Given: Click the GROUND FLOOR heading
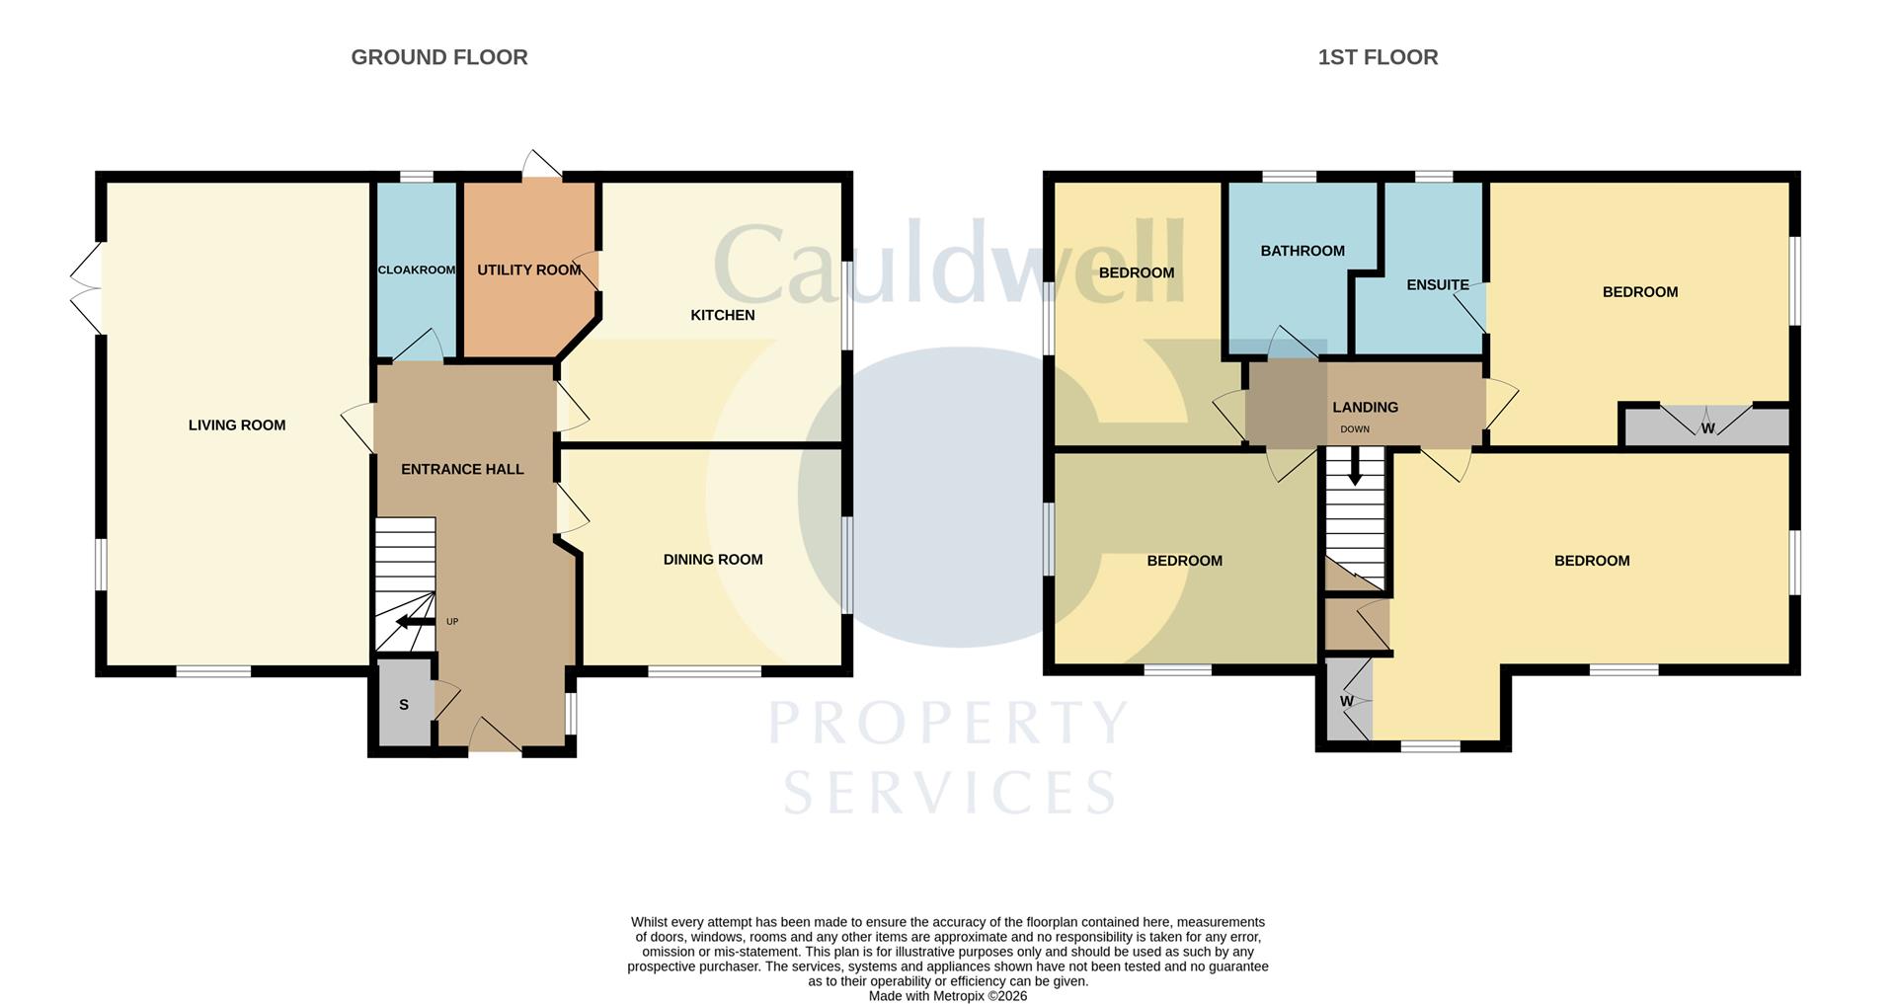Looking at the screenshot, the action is point(439,57).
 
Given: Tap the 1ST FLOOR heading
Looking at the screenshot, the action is point(1378,57).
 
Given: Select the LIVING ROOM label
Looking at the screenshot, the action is point(237,425).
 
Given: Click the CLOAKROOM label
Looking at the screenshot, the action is point(417,270).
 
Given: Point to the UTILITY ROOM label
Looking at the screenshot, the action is point(529,270).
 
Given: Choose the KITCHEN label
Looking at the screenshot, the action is point(723,315).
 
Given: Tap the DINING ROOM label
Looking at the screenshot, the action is point(713,560).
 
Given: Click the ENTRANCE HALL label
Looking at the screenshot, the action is point(462,469).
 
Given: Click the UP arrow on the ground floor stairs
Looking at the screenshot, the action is point(415,622).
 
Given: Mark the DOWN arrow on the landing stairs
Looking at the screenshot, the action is point(1355,465).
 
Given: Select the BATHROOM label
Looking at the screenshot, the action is point(1303,251).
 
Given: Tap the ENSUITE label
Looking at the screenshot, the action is point(1438,285).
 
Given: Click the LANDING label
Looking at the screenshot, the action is point(1366,407).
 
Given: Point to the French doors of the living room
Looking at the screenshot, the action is point(87,287).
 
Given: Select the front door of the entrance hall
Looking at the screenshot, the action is point(495,735).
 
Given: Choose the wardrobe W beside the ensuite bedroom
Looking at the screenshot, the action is point(1707,425).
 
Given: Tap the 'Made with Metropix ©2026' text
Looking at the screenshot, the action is point(948,996).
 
